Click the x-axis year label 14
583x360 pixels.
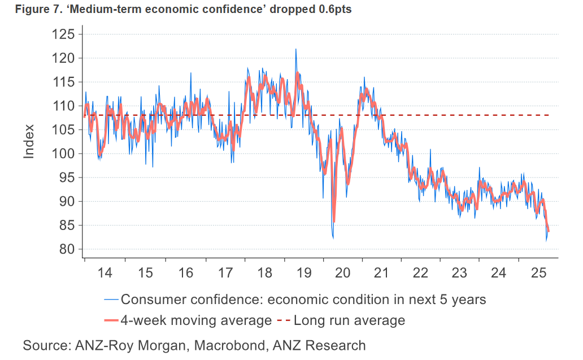[105, 272]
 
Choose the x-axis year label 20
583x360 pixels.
[342, 272]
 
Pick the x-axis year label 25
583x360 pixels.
[538, 272]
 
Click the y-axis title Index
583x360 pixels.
[29, 141]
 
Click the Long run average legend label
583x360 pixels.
[350, 320]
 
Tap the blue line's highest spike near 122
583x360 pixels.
[295, 49]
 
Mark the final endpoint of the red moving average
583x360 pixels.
[548, 231]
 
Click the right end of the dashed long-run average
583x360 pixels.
[550, 115]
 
